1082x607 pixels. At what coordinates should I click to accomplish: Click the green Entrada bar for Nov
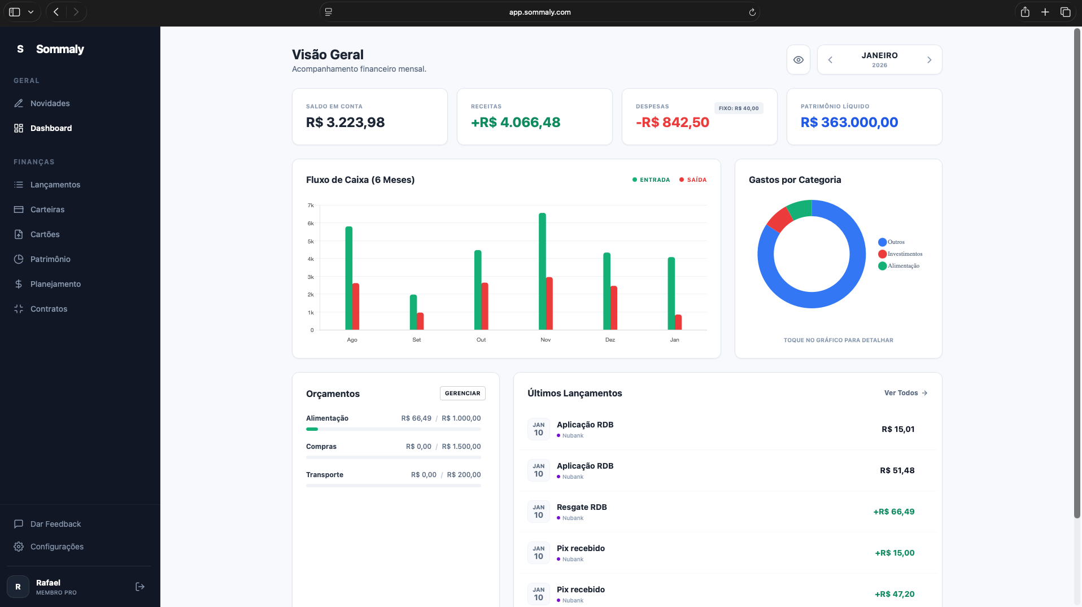point(542,271)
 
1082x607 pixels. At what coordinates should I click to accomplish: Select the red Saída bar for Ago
point(356,307)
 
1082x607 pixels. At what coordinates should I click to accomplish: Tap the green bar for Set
point(413,312)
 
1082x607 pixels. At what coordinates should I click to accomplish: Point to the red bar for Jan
point(678,322)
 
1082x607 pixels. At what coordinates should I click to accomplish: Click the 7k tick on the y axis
point(311,206)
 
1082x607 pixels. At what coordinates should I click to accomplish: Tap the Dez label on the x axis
point(610,340)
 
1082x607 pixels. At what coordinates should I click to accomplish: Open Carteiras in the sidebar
point(47,209)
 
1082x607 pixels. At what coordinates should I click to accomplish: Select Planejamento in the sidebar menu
point(55,284)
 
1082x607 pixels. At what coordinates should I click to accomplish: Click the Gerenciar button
point(463,394)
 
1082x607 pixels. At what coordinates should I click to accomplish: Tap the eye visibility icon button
point(799,60)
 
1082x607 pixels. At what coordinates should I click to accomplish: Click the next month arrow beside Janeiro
point(929,60)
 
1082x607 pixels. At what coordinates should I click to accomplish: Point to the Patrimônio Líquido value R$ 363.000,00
point(849,123)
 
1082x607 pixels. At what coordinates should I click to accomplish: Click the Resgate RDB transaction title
point(582,507)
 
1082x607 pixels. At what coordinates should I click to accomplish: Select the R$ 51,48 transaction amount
point(897,470)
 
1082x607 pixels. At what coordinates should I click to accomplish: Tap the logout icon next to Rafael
point(140,587)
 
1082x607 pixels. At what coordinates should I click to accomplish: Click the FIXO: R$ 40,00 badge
point(739,108)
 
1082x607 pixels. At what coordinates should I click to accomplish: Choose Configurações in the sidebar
point(56,547)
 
